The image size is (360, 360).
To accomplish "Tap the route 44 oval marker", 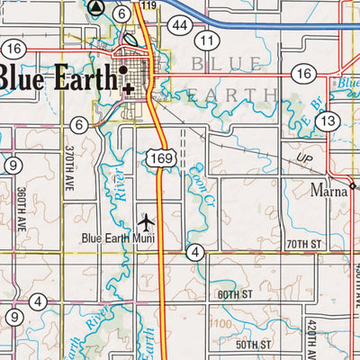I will point(182,26).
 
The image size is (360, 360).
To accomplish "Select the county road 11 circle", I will point(209,41).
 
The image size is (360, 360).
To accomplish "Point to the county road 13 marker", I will point(328,120).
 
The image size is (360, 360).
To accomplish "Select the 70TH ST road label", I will point(302,244).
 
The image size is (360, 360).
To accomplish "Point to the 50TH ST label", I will point(254,344).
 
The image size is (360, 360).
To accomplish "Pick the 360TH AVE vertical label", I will point(19,210).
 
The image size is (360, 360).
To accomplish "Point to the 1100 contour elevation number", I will point(219,324).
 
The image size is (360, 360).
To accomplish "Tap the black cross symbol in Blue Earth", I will point(131,88).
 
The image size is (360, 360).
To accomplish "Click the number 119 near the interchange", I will point(148,6).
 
